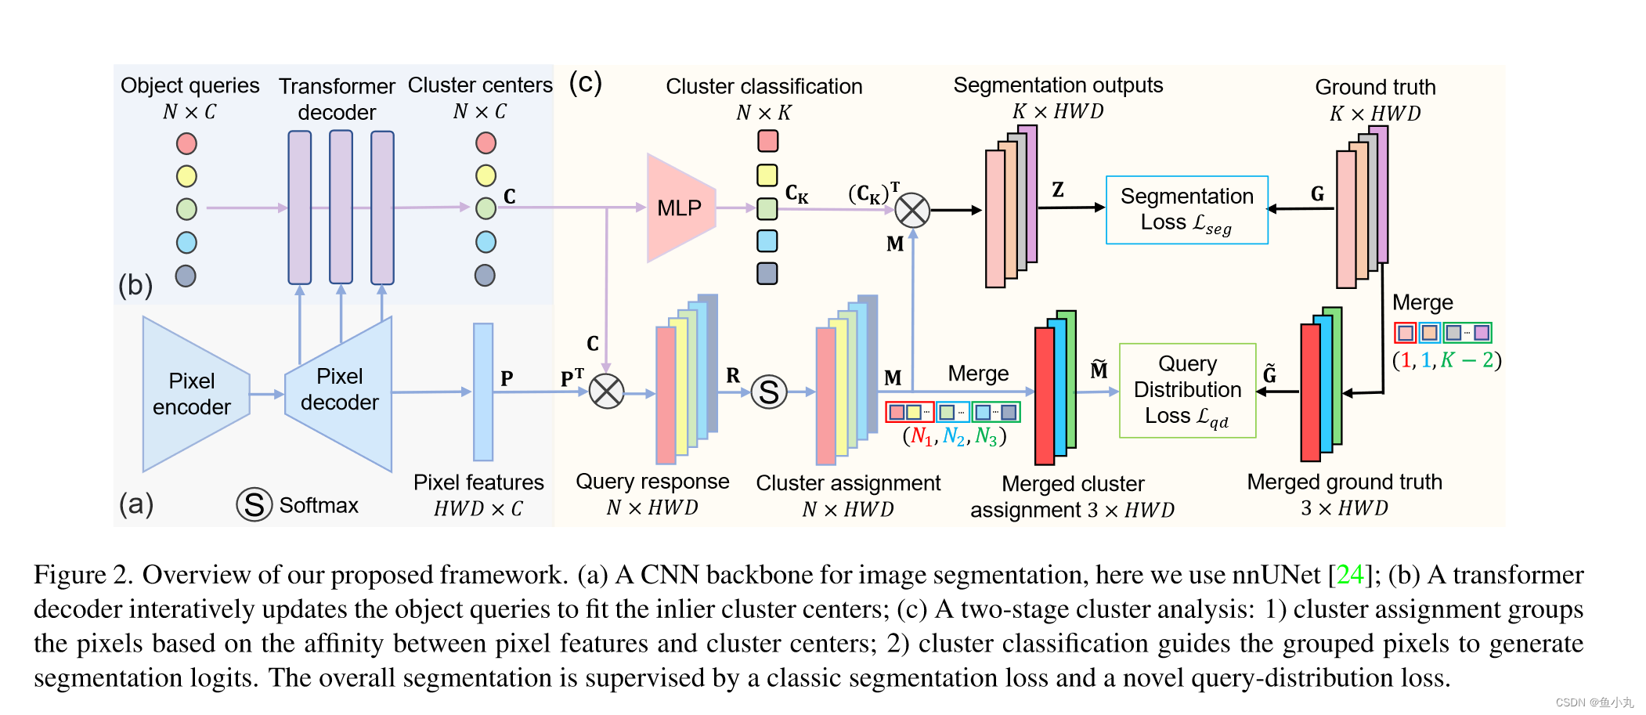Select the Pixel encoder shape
(x=192, y=394)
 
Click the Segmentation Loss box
(x=1186, y=210)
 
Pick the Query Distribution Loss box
(x=1187, y=390)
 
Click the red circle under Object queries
(x=186, y=143)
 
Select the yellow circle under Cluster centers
(x=485, y=175)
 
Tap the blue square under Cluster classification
(x=767, y=240)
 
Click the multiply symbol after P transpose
(x=606, y=392)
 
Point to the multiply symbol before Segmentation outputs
(x=911, y=210)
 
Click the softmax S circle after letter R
(x=769, y=392)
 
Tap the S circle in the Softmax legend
(x=254, y=505)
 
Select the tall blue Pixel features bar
(x=483, y=392)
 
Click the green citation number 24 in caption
(x=1349, y=575)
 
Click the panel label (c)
(x=585, y=82)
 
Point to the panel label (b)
(x=135, y=285)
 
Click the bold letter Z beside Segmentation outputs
(x=1058, y=190)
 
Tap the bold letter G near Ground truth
(x=1317, y=193)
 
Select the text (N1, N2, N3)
(x=954, y=436)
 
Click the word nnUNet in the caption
(x=1276, y=575)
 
